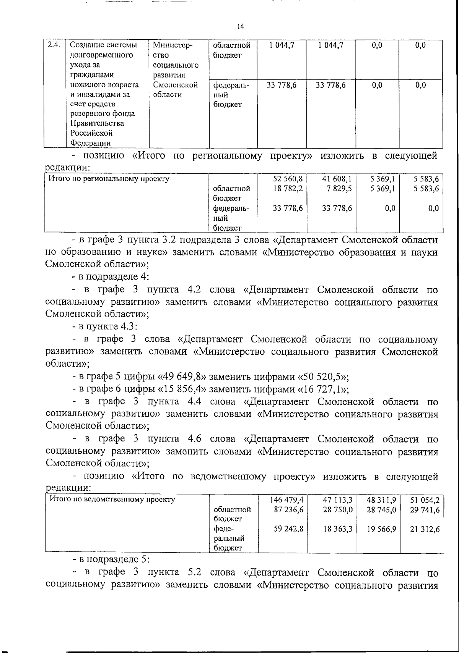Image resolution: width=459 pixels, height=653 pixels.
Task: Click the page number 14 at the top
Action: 240,26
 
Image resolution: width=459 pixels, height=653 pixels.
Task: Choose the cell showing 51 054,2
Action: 425,499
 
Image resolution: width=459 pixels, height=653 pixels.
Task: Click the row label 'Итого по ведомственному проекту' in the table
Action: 111,499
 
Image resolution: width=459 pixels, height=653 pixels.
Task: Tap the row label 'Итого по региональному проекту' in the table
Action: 109,178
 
